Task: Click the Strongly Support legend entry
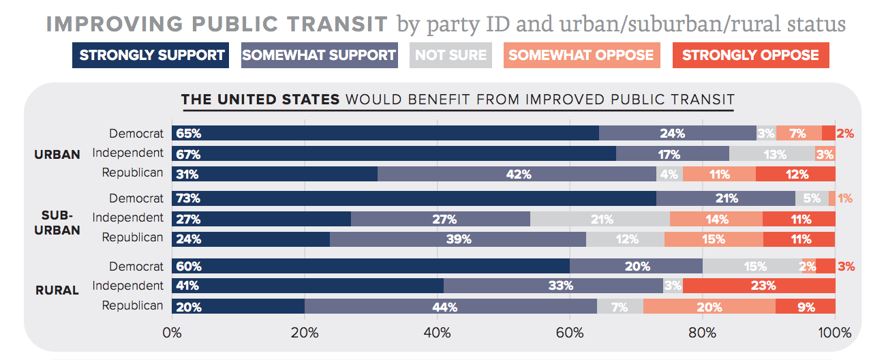coord(152,55)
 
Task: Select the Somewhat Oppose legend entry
coord(581,55)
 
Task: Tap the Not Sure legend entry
coord(450,55)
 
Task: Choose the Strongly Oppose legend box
coord(750,55)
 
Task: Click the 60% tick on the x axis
coord(570,333)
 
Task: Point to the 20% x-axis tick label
coord(305,333)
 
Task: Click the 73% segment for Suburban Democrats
coord(414,198)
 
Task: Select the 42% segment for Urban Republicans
coord(517,174)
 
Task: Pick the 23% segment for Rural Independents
coord(759,286)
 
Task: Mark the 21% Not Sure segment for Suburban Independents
coord(600,219)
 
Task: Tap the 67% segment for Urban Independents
coord(394,154)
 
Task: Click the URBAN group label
coord(57,155)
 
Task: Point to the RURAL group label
coord(57,290)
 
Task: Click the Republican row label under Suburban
coord(133,238)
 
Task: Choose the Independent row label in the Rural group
coord(128,286)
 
